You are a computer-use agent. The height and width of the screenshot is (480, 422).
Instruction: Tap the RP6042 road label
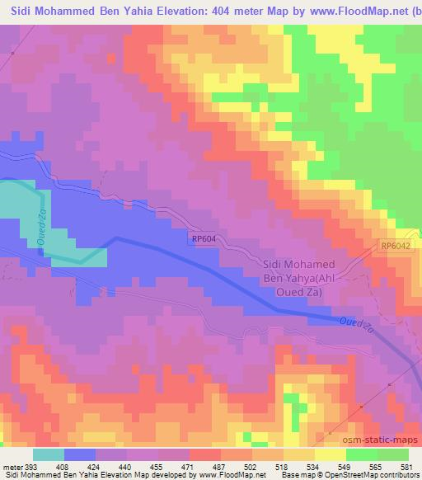[396, 246]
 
